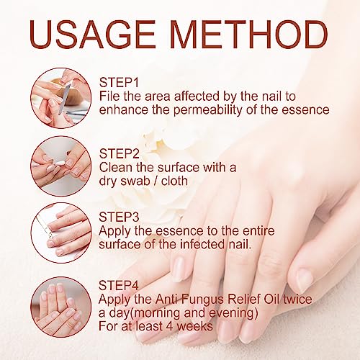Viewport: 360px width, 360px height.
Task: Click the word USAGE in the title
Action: pyautogui.click(x=92, y=35)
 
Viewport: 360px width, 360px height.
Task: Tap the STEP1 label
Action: pyautogui.click(x=119, y=83)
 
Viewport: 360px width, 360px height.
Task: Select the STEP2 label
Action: pyautogui.click(x=120, y=153)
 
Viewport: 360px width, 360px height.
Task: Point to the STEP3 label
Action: pyautogui.click(x=119, y=217)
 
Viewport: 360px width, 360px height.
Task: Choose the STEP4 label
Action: pyautogui.click(x=119, y=285)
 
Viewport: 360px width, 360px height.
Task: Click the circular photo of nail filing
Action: pyautogui.click(x=61, y=98)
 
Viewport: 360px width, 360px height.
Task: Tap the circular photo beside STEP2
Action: pyautogui.click(x=61, y=166)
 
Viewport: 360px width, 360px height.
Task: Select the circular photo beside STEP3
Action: pyautogui.click(x=61, y=233)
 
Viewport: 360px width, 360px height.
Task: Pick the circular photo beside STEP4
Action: pyautogui.click(x=61, y=307)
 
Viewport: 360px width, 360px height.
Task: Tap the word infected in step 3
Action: pyautogui.click(x=202, y=244)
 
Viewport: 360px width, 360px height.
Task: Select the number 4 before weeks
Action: pyautogui.click(x=170, y=326)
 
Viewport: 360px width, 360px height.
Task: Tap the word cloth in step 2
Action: pyautogui.click(x=174, y=181)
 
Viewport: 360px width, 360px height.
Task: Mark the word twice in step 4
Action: pyautogui.click(x=297, y=299)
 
